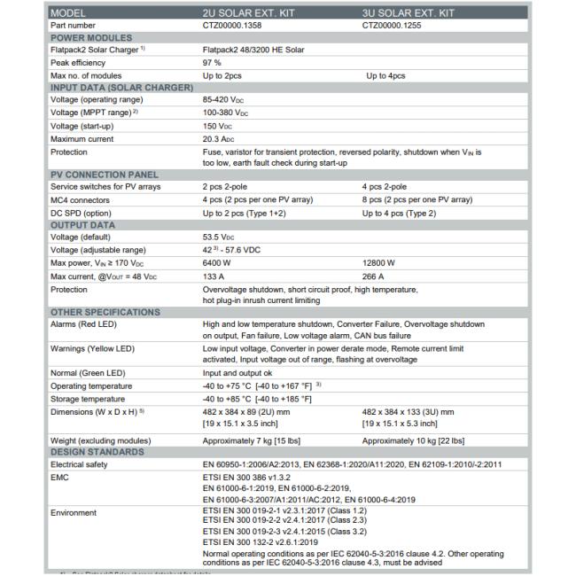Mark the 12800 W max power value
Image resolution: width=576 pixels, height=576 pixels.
point(379,262)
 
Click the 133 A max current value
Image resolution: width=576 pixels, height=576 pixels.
point(213,275)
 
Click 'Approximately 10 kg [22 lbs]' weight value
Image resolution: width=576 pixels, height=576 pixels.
point(414,440)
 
